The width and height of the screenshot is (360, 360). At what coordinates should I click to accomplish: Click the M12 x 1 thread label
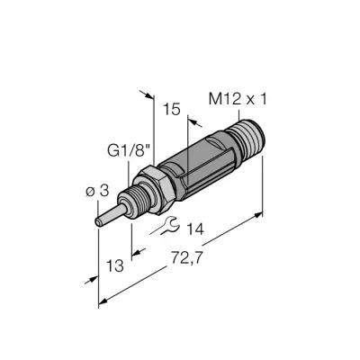(238, 99)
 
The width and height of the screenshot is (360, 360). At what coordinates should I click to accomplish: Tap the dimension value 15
(172, 109)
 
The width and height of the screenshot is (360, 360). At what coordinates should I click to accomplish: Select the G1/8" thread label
(129, 151)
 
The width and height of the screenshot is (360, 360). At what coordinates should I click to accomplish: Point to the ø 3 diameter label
(97, 191)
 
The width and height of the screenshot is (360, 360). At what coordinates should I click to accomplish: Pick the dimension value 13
(115, 265)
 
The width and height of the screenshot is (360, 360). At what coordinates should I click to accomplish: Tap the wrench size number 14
(195, 229)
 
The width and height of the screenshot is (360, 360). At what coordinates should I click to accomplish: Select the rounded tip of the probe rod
(98, 222)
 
